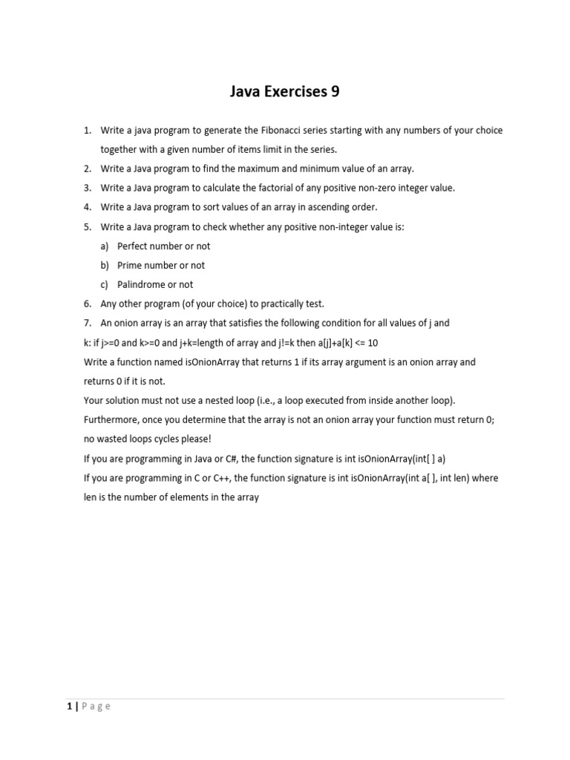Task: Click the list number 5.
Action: [87, 227]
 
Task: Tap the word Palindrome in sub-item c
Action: [142, 285]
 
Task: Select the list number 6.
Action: [87, 304]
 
